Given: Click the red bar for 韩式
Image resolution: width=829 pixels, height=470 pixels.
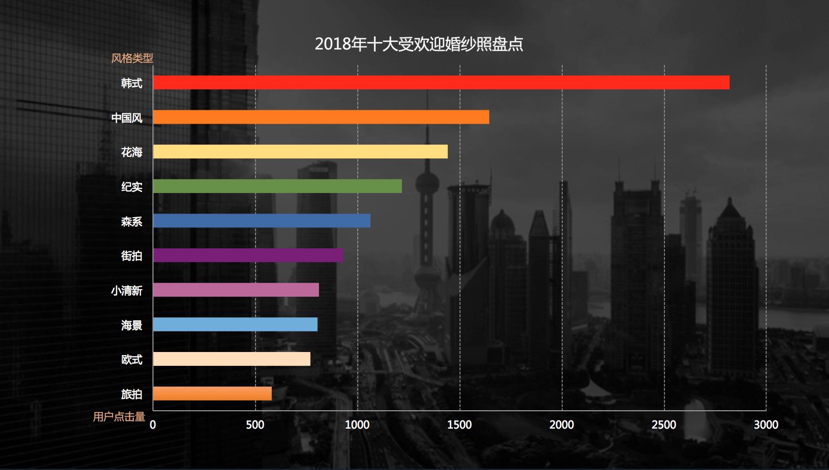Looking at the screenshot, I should click(x=441, y=83).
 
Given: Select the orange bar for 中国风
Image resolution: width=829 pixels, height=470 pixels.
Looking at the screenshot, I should click(x=321, y=117).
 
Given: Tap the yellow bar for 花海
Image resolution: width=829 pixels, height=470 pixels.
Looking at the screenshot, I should click(x=300, y=152).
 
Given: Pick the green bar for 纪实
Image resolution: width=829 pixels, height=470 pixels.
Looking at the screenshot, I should click(x=277, y=186).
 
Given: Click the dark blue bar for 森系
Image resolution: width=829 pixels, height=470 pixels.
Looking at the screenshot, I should click(x=261, y=221).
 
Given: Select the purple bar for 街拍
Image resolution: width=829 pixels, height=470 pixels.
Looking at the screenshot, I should click(x=248, y=255).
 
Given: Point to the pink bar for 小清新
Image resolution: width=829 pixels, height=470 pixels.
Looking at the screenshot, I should click(x=236, y=290).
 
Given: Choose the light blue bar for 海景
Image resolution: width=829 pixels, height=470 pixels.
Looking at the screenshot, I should click(x=235, y=324).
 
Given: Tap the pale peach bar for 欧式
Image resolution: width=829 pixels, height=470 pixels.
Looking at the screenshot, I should click(x=232, y=359).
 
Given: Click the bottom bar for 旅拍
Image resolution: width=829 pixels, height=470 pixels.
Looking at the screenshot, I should click(x=212, y=394).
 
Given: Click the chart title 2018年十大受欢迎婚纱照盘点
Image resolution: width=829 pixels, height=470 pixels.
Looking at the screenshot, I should click(x=419, y=44).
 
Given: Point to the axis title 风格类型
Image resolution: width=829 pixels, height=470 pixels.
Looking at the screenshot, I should click(x=132, y=58).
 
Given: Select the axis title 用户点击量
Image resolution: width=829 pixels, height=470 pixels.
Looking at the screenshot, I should click(x=119, y=417).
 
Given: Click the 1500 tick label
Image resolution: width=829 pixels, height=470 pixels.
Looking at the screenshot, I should click(x=459, y=425).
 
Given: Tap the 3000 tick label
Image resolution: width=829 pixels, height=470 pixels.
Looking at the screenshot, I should click(x=766, y=425).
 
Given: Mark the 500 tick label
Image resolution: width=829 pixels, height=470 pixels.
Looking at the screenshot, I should click(x=255, y=425).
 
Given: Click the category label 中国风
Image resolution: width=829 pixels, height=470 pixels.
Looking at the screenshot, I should click(x=127, y=118).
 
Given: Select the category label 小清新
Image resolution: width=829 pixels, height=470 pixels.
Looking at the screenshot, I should click(x=126, y=291).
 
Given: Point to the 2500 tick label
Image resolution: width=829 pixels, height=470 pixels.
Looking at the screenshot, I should click(x=663, y=425).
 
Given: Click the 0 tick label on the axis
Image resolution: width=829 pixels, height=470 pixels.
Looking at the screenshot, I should click(x=153, y=425).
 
